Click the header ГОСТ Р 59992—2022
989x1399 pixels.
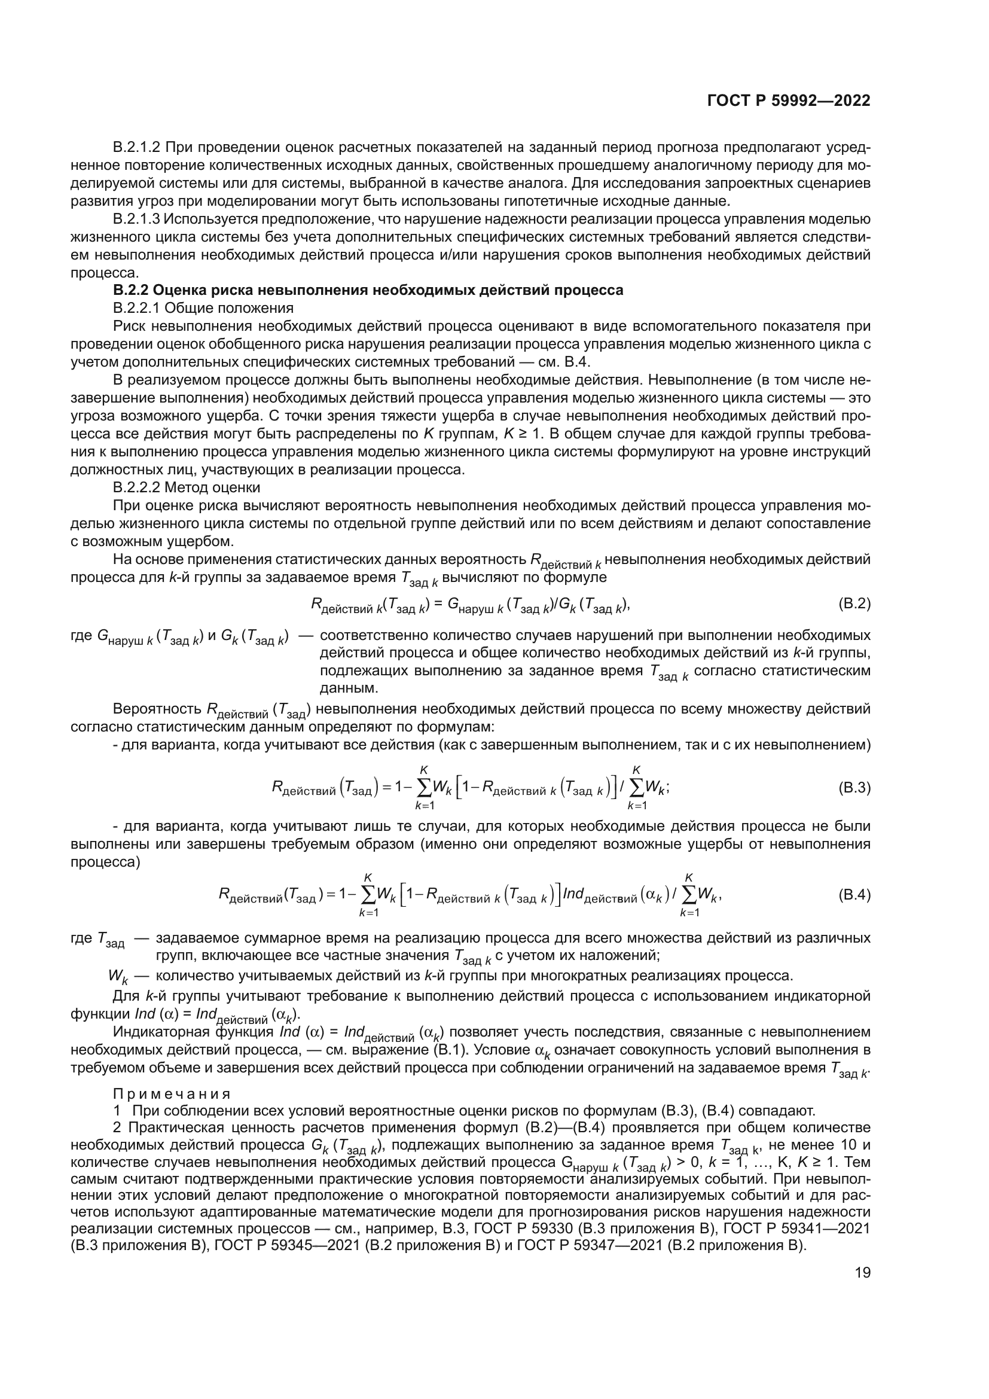(x=788, y=100)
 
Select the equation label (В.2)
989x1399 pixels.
(x=854, y=604)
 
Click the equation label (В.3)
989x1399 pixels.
(x=854, y=788)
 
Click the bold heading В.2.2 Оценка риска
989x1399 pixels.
(x=368, y=290)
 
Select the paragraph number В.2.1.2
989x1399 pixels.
(x=136, y=148)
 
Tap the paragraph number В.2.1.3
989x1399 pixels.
(x=136, y=219)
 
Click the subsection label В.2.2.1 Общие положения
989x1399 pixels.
(x=203, y=307)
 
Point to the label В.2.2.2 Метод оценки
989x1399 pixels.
(x=187, y=487)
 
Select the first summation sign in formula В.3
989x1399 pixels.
(x=424, y=788)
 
